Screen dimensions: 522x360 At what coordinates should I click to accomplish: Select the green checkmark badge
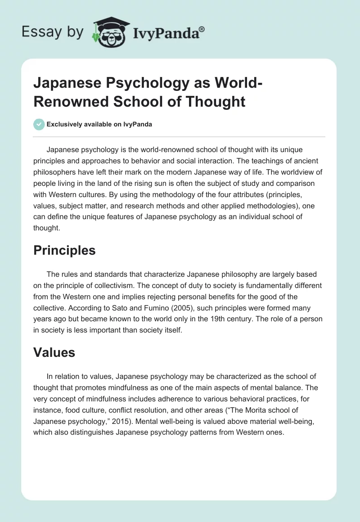point(39,124)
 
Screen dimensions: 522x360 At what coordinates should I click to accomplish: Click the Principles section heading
point(64,250)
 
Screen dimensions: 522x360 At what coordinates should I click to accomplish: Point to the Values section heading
point(54,353)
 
